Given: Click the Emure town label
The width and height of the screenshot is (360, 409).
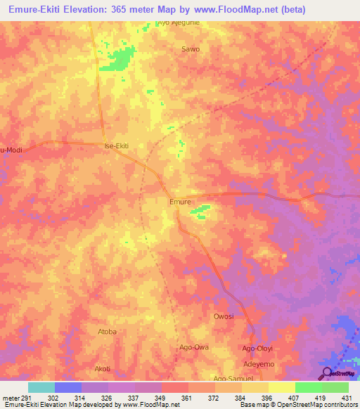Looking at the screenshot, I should point(181,201).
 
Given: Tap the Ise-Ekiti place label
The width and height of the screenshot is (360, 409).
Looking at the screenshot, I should point(117,145).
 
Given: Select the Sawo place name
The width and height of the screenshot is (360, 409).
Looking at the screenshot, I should point(191,49).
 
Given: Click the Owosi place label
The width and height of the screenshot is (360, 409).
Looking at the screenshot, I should point(224,316).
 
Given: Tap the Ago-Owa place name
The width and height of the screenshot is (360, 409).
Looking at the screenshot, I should point(194,347).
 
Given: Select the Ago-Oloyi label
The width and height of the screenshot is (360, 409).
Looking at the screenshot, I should point(258,348).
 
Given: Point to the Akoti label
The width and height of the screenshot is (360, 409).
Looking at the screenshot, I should point(103,368).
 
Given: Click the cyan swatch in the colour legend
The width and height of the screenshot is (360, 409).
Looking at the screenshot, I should point(41,387).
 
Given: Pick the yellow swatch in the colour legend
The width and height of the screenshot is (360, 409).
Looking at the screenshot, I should point(282,387).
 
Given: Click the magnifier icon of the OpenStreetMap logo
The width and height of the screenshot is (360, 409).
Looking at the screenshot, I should point(327,373).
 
